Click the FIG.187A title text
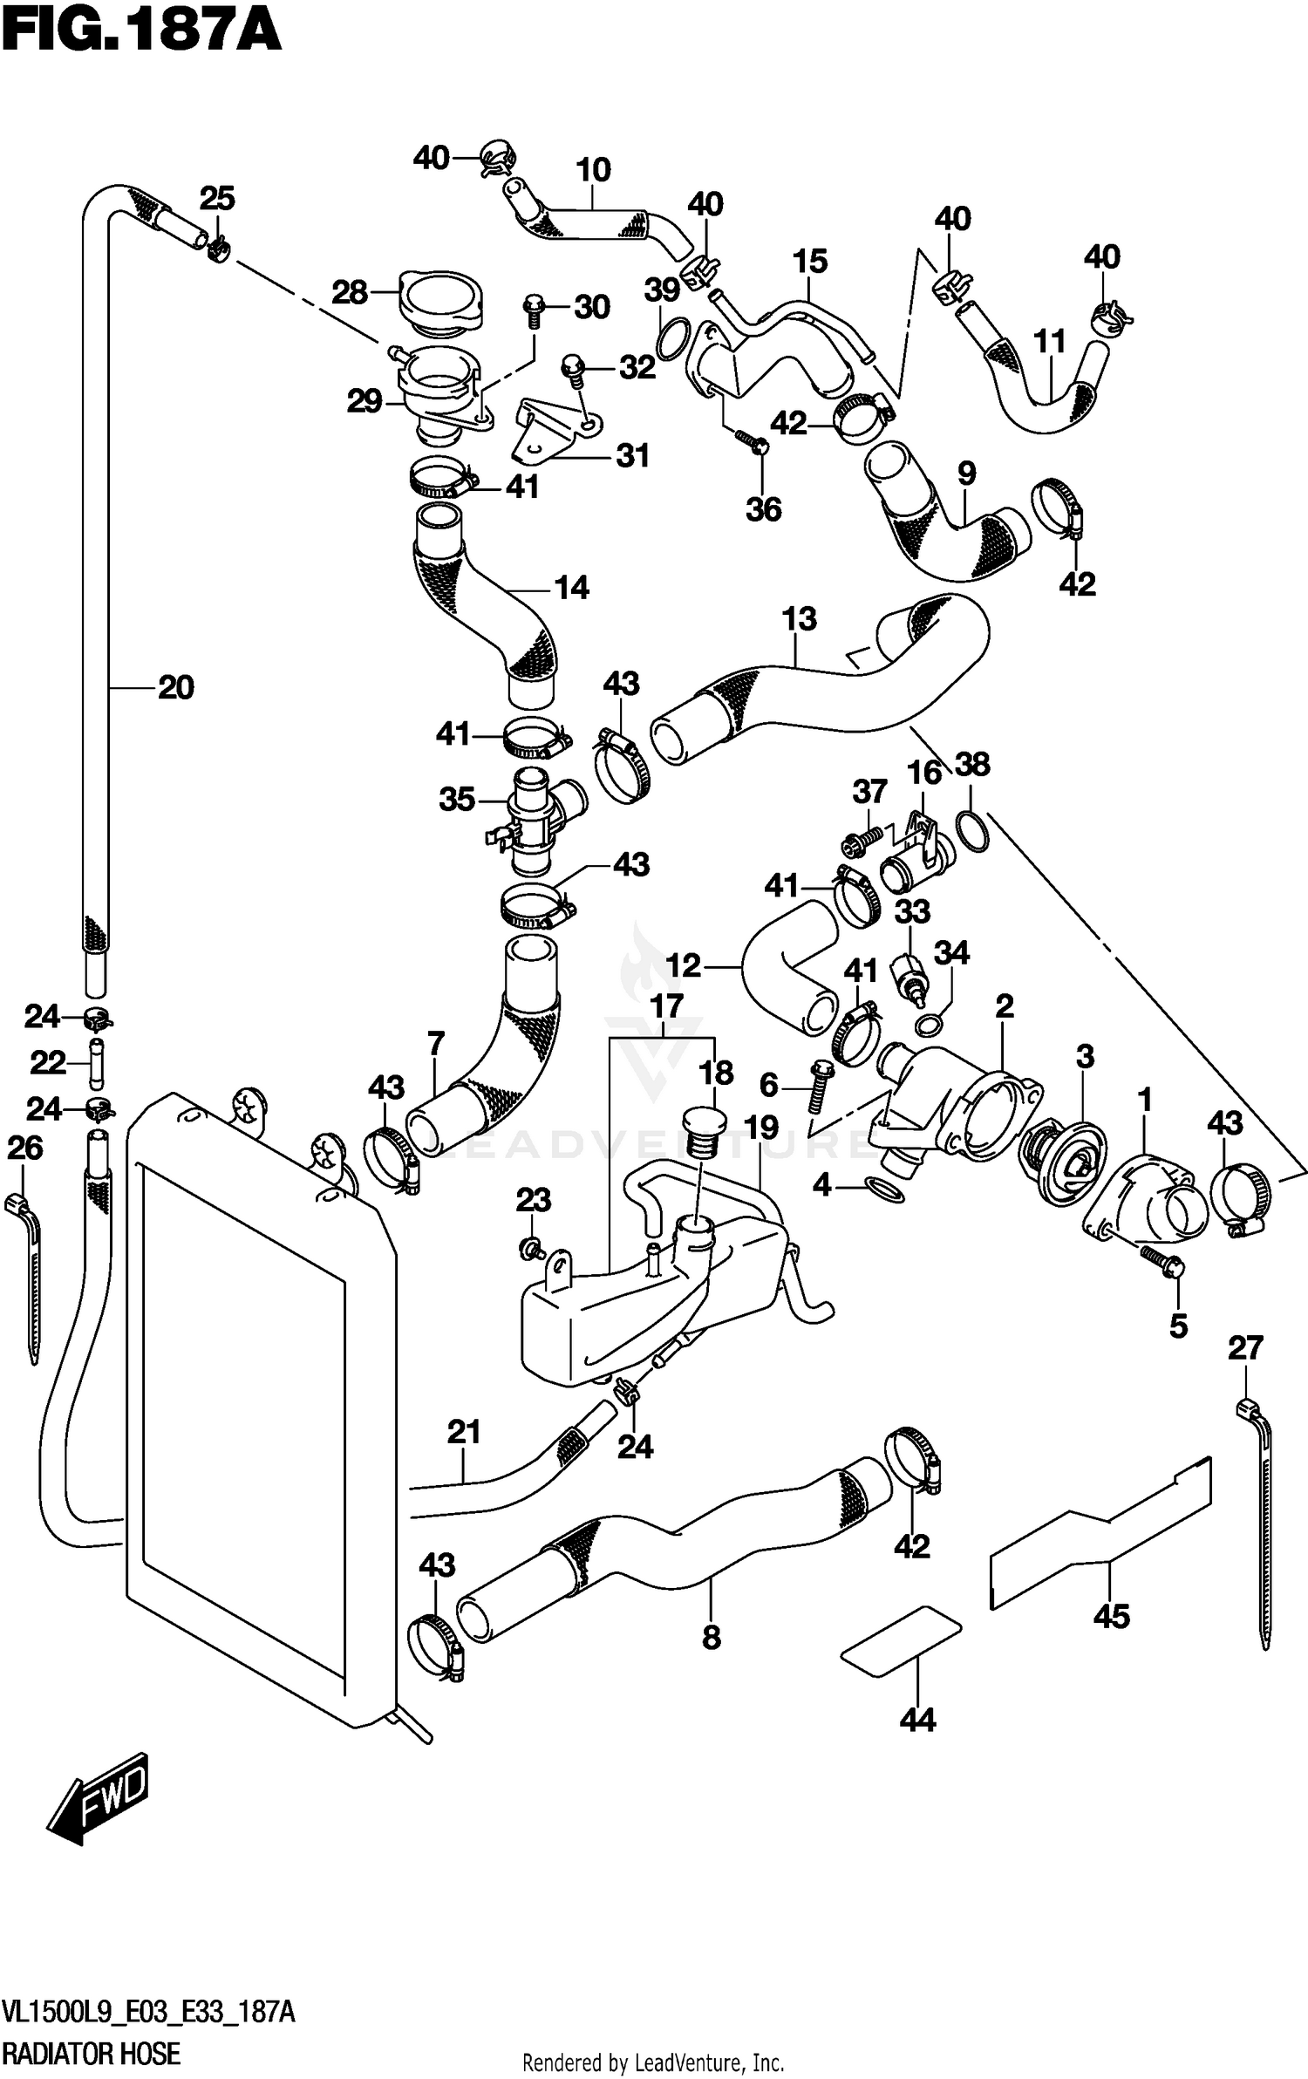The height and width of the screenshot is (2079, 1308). [140, 33]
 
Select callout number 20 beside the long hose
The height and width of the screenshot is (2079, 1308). [175, 688]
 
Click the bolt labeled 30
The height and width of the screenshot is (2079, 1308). [534, 310]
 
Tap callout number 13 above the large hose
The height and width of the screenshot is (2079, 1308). [799, 619]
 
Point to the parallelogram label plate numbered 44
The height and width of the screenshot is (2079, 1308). [900, 1639]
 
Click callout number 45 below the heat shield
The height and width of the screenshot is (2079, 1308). [1112, 1616]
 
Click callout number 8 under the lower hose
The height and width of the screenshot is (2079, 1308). [712, 1638]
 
